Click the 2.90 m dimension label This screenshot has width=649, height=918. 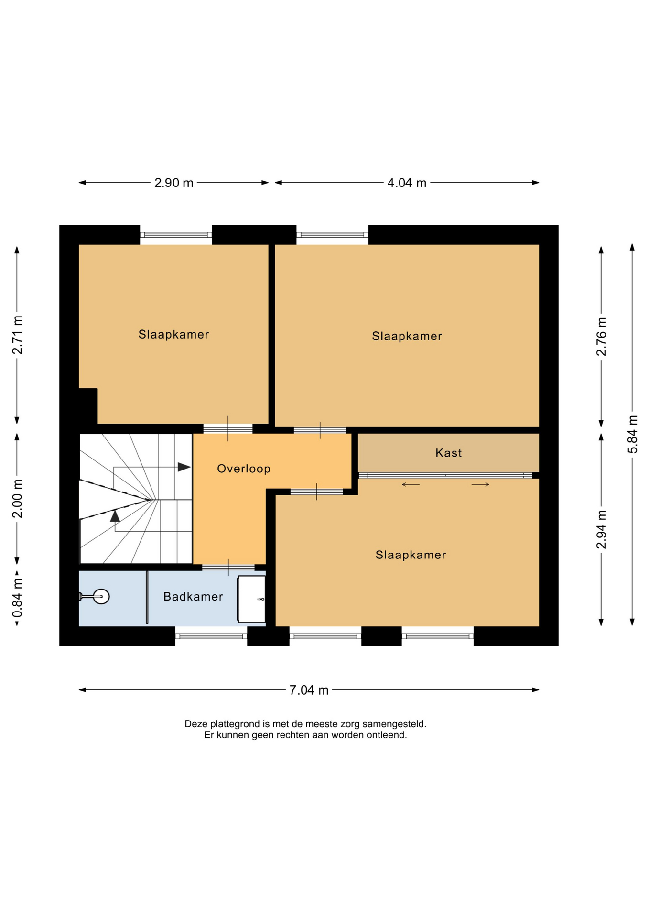[174, 183]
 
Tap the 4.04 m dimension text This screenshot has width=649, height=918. [407, 183]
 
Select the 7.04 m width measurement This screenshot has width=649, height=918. [309, 690]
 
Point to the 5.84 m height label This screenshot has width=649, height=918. [632, 435]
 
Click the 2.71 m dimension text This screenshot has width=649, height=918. [17, 335]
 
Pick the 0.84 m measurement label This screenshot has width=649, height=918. [17, 598]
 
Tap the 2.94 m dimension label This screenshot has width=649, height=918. [601, 530]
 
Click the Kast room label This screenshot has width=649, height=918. [449, 453]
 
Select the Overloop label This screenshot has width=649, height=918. [244, 469]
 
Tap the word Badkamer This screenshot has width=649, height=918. [193, 597]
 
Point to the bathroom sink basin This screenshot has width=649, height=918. [251, 600]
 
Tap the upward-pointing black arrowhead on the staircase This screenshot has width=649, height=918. [115, 516]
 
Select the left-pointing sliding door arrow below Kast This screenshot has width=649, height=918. [411, 485]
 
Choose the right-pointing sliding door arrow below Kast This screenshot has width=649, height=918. [480, 485]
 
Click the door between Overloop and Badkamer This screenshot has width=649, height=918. [228, 568]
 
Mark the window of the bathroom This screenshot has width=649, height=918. [211, 636]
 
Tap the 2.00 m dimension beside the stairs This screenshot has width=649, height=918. [17, 498]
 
